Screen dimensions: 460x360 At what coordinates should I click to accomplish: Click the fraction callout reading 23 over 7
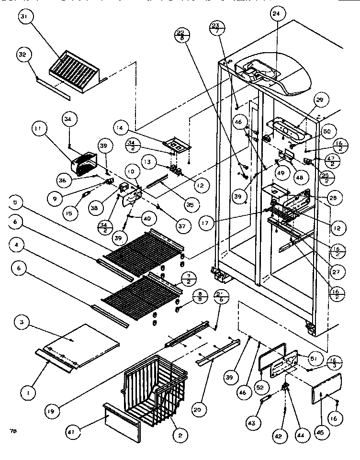tap(217, 27)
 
